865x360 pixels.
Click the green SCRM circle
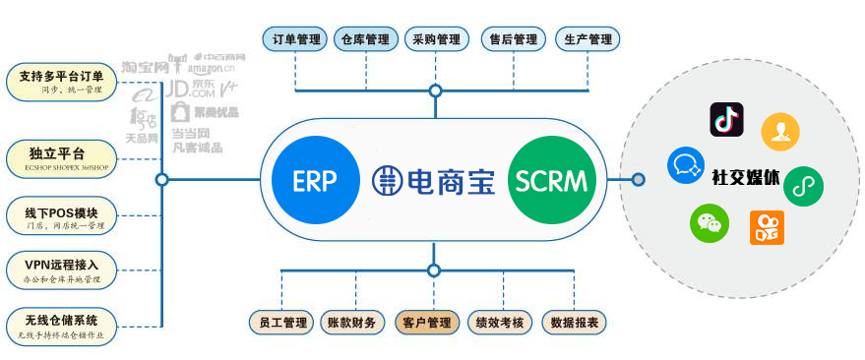(x=551, y=180)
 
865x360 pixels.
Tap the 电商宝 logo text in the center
(x=433, y=180)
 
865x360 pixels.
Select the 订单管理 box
(x=297, y=39)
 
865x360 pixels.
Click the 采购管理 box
(x=436, y=39)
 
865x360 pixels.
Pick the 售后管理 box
(x=514, y=39)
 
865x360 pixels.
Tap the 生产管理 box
(x=588, y=39)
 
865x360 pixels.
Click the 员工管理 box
(x=281, y=322)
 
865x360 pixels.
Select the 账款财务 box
(x=351, y=322)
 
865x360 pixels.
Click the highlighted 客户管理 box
(x=427, y=322)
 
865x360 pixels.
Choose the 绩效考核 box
(x=501, y=322)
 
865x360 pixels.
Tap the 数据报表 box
(x=575, y=322)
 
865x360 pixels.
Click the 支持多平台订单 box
(x=61, y=82)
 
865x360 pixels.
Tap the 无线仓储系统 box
(x=61, y=325)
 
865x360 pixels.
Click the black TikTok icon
(x=726, y=120)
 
